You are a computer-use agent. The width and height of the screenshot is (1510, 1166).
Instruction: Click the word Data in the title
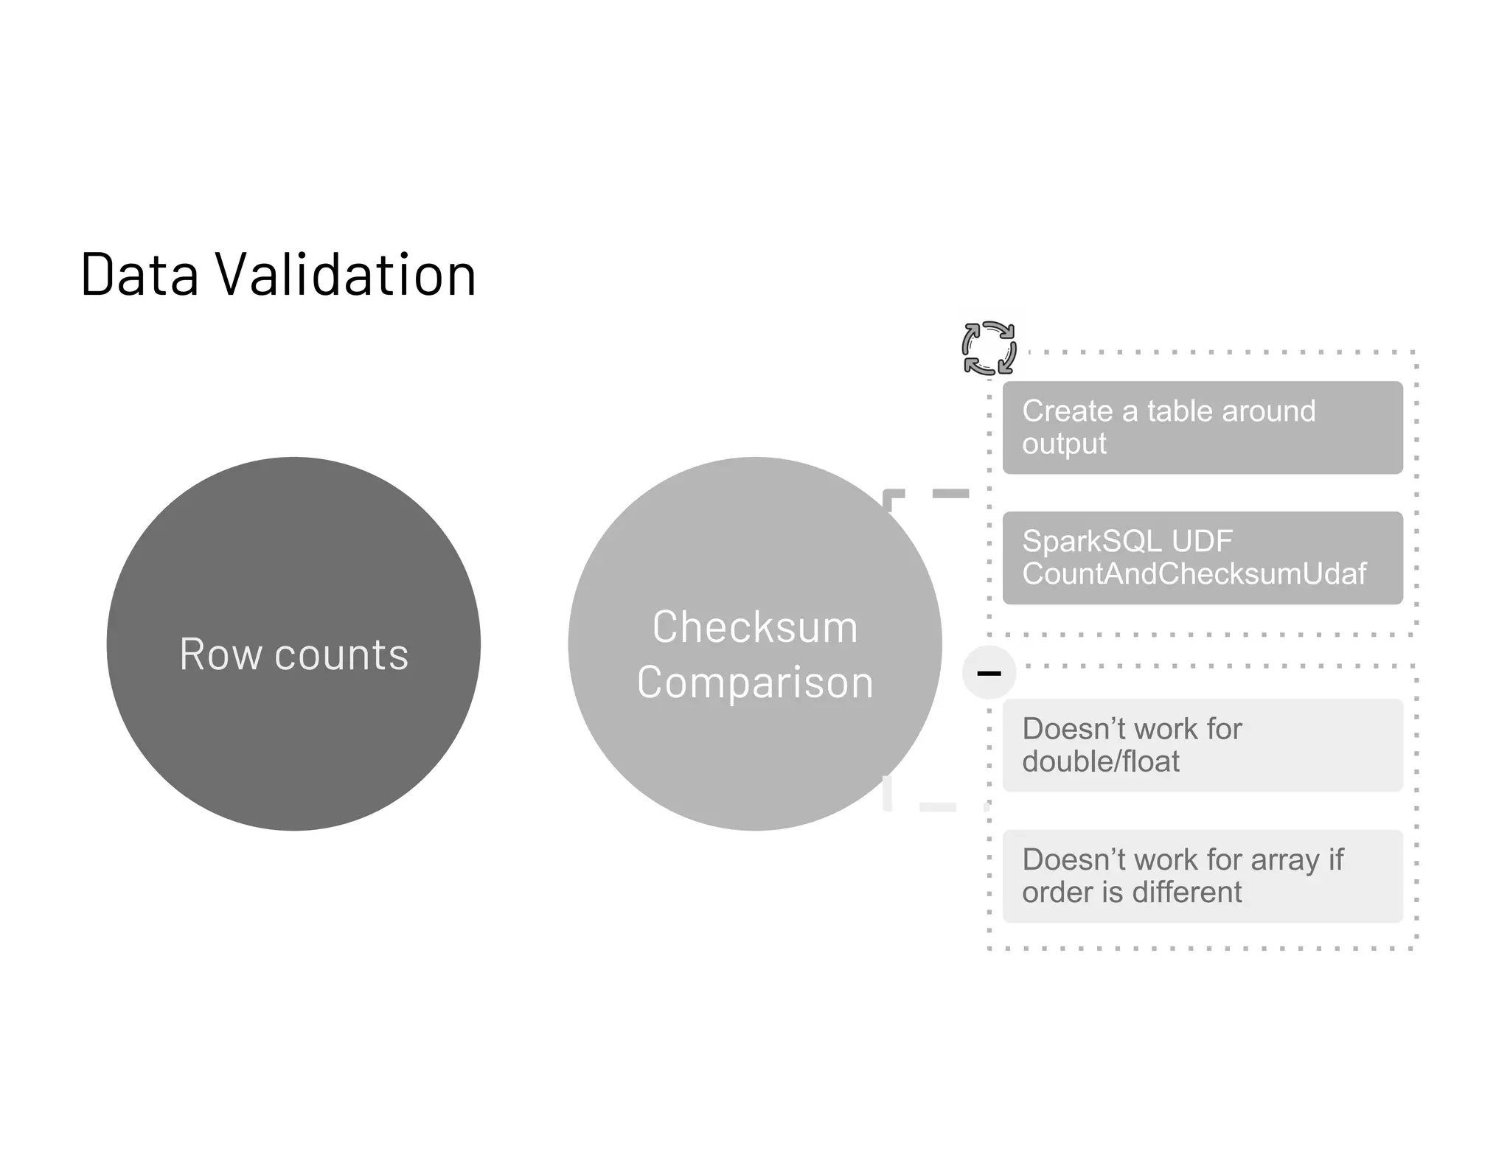pos(139,274)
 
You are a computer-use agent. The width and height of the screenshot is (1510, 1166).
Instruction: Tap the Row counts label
pos(293,654)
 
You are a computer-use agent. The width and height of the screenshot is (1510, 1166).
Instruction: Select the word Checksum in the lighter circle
pos(755,627)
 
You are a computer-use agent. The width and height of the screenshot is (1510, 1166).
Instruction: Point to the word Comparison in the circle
pos(755,683)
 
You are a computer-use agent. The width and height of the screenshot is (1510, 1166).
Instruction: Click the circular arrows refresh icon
pos(989,348)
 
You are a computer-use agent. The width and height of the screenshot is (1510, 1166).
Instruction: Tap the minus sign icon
pos(989,672)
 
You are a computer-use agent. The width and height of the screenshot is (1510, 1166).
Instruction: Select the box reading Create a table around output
pos(1202,427)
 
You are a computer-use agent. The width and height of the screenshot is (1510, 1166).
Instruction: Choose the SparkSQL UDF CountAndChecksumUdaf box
pos(1202,558)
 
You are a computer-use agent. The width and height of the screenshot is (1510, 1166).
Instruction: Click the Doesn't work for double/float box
pos(1202,745)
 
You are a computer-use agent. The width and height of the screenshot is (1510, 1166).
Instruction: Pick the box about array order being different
pos(1202,876)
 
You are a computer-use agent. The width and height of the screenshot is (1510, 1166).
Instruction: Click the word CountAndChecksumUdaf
pos(1194,574)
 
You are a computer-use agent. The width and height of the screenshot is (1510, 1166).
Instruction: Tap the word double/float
pos(1100,762)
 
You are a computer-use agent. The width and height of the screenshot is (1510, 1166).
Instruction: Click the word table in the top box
pos(1180,411)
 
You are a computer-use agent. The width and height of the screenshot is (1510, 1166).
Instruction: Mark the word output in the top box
pos(1064,444)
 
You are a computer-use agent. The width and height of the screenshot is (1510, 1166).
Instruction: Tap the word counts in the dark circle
pos(341,654)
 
